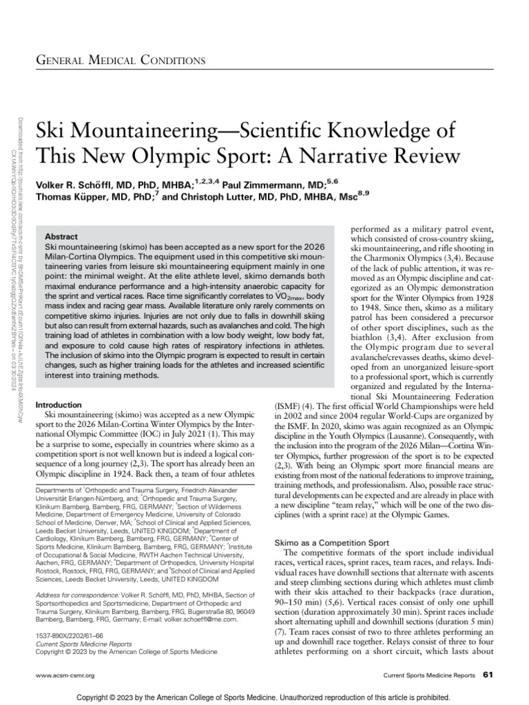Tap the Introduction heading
[x=63, y=405]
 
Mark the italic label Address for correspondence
[x=76, y=593]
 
